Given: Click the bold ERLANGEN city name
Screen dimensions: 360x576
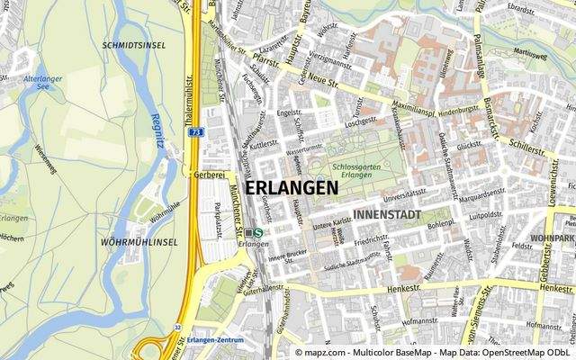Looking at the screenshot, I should pyautogui.click(x=292, y=187).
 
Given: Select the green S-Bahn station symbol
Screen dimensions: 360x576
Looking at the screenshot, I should pyautogui.click(x=258, y=232).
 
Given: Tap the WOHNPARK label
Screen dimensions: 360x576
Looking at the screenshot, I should pyautogui.click(x=553, y=238).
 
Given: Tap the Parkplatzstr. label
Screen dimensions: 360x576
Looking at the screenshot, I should pyautogui.click(x=220, y=220).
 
